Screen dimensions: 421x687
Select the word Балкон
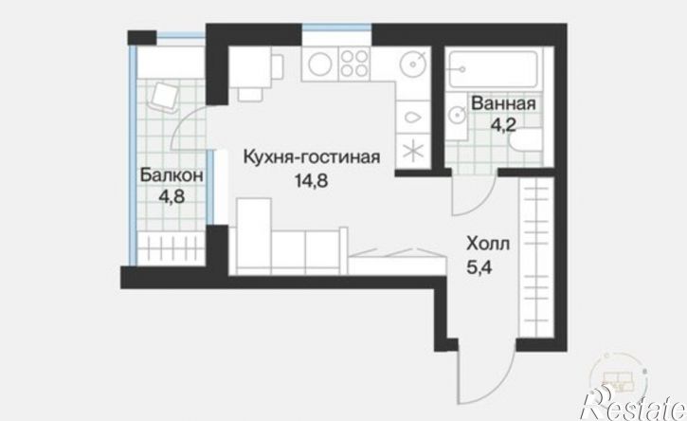[x=171, y=175]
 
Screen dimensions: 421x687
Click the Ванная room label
[x=503, y=103]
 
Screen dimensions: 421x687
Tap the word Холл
[x=484, y=244]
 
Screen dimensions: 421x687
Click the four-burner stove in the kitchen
[x=353, y=64]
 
